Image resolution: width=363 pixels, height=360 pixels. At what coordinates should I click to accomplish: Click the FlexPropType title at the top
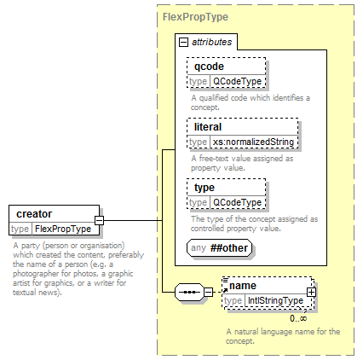(x=195, y=17)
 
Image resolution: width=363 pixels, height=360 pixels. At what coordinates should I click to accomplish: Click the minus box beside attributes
(x=183, y=43)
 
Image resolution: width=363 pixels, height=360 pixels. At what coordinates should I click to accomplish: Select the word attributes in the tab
(x=212, y=42)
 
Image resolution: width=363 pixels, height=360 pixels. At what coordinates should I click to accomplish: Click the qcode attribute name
(x=209, y=67)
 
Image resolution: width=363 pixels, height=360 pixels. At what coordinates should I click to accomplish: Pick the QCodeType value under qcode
(x=237, y=81)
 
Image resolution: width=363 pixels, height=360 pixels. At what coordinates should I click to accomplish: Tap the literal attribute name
(x=208, y=127)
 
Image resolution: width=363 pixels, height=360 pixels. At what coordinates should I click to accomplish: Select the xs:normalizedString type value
(x=253, y=142)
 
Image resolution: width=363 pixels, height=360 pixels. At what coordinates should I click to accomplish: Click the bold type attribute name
(x=205, y=188)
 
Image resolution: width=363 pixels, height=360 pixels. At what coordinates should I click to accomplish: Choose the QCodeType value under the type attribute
(x=237, y=202)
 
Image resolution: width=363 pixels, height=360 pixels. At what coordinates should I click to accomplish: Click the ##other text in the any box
(x=229, y=248)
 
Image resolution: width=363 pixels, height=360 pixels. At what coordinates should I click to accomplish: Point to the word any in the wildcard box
(x=199, y=248)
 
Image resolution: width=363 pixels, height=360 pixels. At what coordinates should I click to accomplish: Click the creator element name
(x=34, y=214)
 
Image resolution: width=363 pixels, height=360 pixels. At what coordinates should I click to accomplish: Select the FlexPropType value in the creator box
(x=63, y=229)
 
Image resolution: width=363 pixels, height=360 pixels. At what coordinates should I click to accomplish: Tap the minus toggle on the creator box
(x=99, y=220)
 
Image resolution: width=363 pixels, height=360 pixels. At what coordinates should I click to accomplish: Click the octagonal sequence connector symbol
(x=189, y=292)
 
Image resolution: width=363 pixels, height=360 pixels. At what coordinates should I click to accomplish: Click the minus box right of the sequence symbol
(x=209, y=292)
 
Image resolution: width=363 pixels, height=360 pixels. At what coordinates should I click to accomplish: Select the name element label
(x=243, y=286)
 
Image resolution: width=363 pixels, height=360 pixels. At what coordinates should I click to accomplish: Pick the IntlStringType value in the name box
(x=275, y=300)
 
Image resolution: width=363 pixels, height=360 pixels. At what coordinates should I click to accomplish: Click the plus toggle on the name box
(x=311, y=292)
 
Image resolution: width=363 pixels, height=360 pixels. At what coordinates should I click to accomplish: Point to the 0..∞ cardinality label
(x=298, y=318)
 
